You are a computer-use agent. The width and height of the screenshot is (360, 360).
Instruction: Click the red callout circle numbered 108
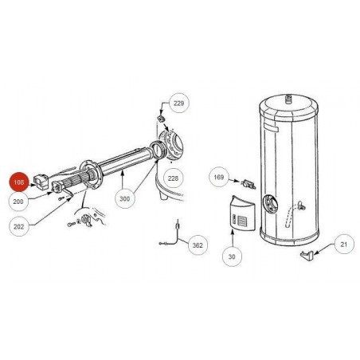tap(19, 182)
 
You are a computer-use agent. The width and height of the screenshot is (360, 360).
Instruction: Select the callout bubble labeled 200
tap(18, 202)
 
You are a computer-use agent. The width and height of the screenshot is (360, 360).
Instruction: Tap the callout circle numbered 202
tap(18, 226)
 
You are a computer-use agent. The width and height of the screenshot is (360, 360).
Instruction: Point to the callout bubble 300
tap(124, 198)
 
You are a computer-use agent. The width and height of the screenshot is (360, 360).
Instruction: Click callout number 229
tap(179, 103)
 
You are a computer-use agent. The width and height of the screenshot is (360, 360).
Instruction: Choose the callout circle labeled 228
tap(173, 178)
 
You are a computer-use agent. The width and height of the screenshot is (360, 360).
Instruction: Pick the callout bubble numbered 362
tap(198, 245)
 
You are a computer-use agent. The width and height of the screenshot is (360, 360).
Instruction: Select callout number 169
tap(219, 177)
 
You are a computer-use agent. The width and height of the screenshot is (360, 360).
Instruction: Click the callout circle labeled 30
tap(232, 256)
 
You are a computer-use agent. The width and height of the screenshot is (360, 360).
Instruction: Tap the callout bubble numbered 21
tap(344, 244)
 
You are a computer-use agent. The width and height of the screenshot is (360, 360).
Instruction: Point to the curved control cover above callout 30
tap(242, 213)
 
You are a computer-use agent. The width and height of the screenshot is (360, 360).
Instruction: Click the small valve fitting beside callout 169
tap(248, 184)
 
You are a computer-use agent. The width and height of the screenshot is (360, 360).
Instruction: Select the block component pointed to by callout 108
tap(41, 181)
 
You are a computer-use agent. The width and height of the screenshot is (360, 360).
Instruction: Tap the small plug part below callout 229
tap(160, 118)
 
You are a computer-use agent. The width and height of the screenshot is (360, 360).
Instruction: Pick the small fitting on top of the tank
tap(288, 100)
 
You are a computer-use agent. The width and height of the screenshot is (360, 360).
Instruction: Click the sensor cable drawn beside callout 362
tap(171, 235)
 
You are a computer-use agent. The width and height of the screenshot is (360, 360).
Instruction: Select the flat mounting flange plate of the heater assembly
tap(90, 175)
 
